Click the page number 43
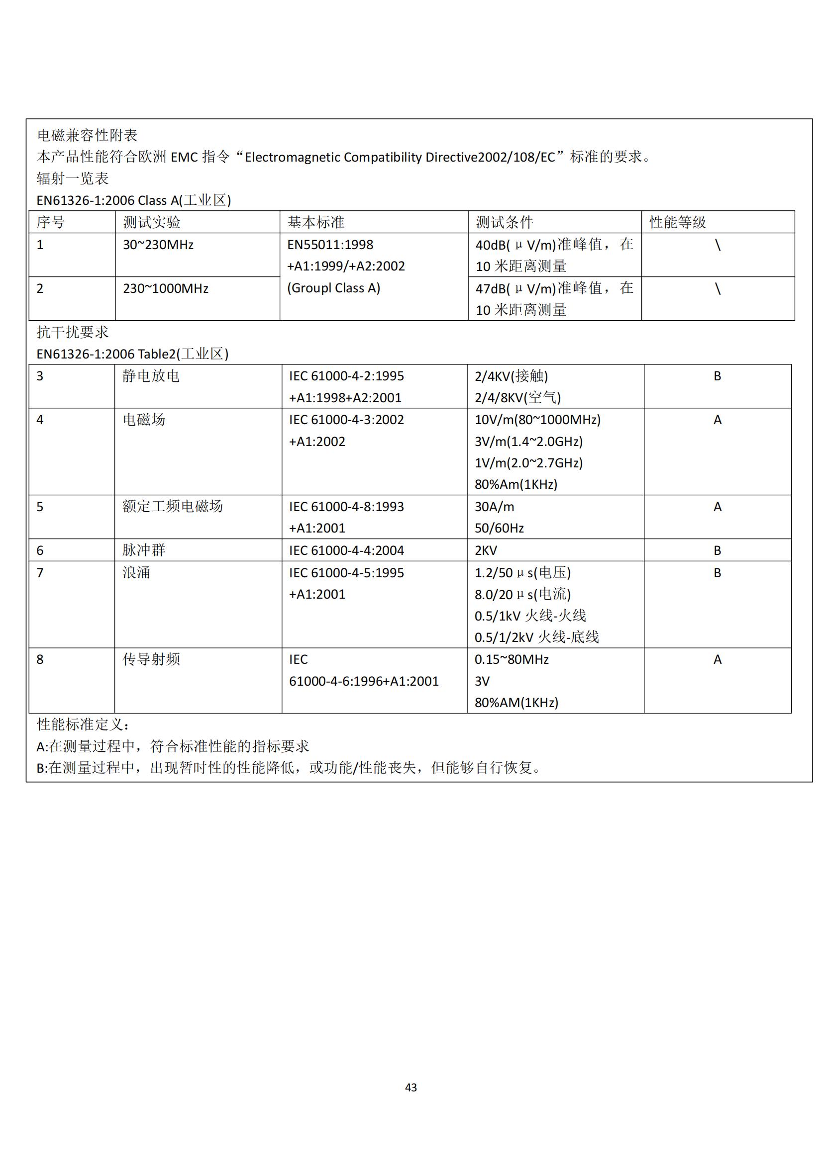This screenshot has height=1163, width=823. click(411, 1087)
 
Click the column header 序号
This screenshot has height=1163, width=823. click(51, 222)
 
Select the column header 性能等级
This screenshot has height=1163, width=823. click(678, 222)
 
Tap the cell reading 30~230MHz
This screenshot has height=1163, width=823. click(158, 245)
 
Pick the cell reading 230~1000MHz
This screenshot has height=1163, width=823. click(166, 288)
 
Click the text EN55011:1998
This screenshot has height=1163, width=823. click(330, 245)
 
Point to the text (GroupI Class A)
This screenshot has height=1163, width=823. click(333, 288)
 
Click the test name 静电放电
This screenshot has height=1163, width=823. click(151, 376)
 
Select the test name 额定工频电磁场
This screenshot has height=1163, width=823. click(172, 506)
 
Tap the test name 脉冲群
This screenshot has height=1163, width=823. click(144, 550)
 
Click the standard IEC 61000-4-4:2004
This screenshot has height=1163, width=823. click(346, 550)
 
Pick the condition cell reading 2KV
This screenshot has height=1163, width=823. click(486, 550)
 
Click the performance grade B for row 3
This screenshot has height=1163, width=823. click(717, 376)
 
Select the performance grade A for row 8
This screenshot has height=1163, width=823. click(717, 659)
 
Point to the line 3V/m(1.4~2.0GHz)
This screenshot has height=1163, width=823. click(528, 441)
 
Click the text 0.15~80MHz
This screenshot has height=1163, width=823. click(512, 659)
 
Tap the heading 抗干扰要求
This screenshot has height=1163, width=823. click(73, 332)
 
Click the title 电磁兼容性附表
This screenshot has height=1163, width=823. click(87, 135)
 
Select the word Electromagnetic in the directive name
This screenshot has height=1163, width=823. click(293, 157)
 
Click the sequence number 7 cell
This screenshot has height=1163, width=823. click(40, 572)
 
